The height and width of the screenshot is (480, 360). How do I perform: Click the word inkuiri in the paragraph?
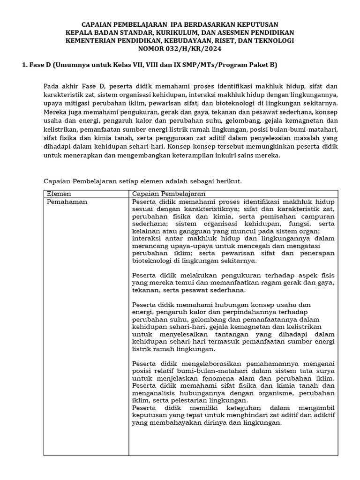pyautogui.click(x=218, y=156)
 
